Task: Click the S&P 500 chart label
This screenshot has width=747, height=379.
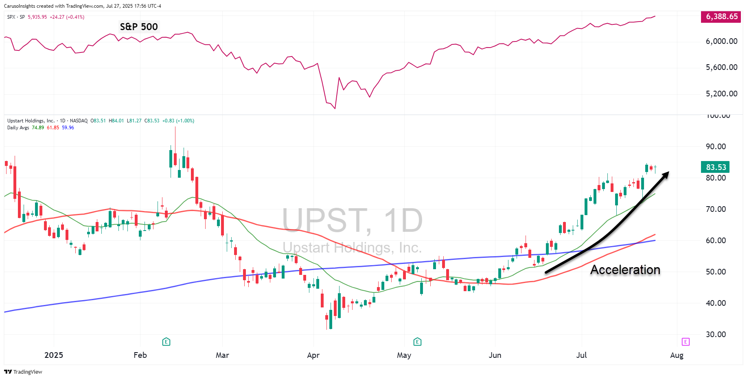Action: (138, 27)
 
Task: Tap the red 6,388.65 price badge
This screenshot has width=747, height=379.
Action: (721, 17)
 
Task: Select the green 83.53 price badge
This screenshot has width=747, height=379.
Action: (716, 167)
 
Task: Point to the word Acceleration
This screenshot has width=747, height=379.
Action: (625, 270)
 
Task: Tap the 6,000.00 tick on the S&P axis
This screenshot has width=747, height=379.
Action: (721, 41)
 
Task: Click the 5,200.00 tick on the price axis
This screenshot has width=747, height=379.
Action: (721, 94)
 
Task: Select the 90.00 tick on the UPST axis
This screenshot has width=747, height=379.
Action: (716, 146)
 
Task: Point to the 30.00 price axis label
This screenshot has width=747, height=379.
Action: (716, 334)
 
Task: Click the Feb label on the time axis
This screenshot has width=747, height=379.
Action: (140, 355)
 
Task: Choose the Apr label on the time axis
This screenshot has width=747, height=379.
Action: (313, 355)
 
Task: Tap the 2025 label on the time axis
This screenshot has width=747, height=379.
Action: (54, 355)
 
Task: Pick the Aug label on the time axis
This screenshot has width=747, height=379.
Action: (677, 355)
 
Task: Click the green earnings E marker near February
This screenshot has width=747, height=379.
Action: (166, 342)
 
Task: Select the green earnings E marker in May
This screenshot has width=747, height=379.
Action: (417, 342)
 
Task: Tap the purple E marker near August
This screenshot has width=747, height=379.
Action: (686, 342)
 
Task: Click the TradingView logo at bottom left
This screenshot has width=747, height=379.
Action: (23, 372)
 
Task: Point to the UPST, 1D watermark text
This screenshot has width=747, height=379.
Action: (353, 220)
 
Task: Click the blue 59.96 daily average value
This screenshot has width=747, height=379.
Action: (68, 128)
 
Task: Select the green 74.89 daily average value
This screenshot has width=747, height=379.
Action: (38, 128)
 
